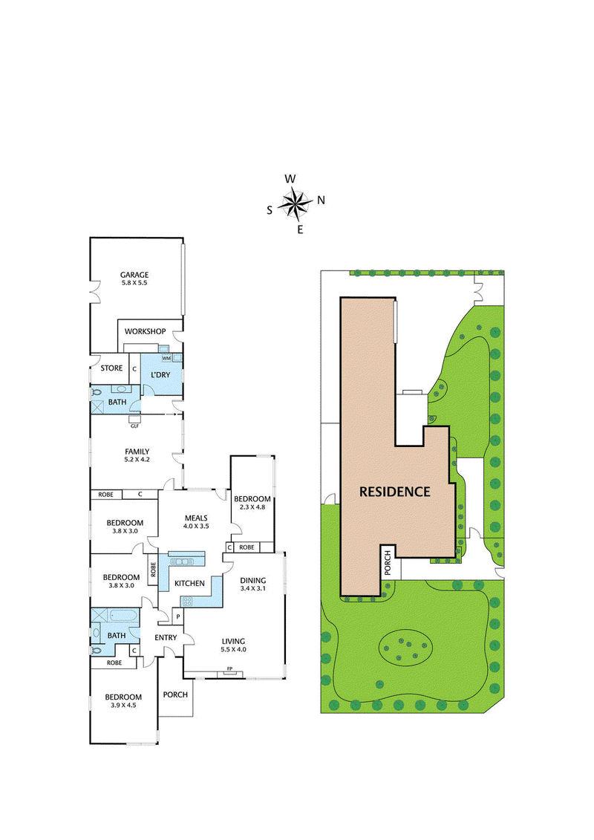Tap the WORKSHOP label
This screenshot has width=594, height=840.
point(145,331)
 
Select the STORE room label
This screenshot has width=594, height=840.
point(111,368)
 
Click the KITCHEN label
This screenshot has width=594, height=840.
point(189,584)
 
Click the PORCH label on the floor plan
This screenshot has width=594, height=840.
point(175,695)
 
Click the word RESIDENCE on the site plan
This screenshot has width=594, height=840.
point(395,492)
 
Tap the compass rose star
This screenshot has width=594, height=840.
point(296,203)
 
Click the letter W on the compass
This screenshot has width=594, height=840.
point(291,179)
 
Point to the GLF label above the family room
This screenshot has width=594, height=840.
point(134,426)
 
